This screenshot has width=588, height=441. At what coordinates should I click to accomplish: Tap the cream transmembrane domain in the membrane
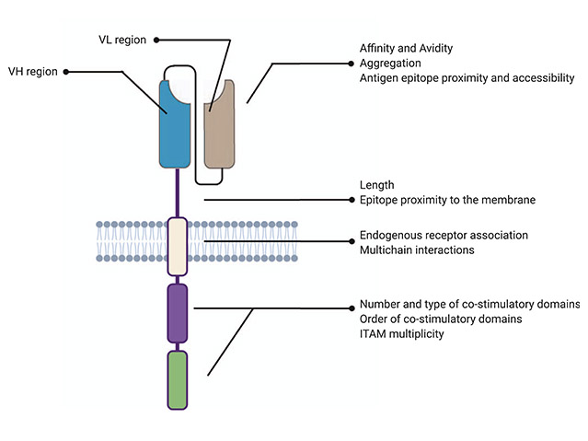point(177,247)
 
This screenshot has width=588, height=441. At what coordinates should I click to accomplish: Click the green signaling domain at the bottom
point(177,378)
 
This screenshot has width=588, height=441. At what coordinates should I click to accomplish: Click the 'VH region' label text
point(33,70)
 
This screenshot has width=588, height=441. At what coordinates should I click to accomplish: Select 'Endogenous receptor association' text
point(444,235)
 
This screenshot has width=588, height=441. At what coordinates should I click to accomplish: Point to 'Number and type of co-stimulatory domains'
point(469,304)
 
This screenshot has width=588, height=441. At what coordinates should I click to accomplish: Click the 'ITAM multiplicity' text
point(402,333)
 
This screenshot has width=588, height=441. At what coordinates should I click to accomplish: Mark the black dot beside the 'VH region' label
point(66,70)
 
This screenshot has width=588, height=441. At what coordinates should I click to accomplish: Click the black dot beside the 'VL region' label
point(156,40)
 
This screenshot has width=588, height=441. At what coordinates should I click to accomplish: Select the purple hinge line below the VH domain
point(177,193)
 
